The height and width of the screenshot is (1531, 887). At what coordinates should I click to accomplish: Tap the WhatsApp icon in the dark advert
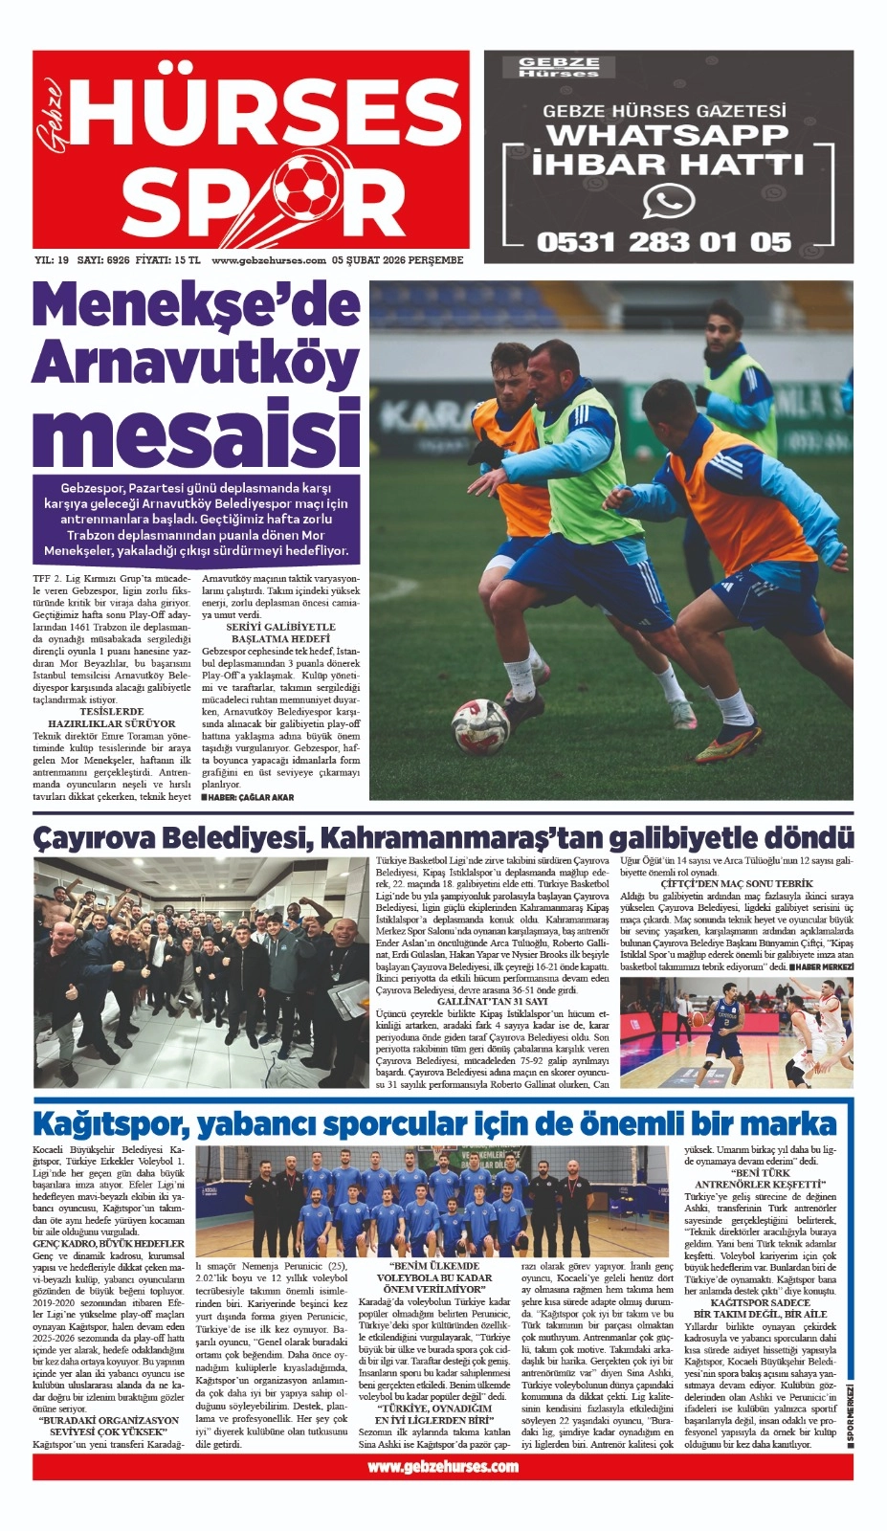pos(668,202)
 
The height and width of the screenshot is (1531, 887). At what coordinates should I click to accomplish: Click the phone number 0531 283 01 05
pos(664,242)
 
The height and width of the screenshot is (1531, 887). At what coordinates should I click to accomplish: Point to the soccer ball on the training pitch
pos(480,725)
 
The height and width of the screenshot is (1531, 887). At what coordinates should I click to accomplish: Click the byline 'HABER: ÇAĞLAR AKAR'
pos(248,797)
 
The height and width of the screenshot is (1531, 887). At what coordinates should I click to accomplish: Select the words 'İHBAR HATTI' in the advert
pos(668,164)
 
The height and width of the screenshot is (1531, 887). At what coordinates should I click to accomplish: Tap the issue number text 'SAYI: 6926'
pos(103,260)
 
